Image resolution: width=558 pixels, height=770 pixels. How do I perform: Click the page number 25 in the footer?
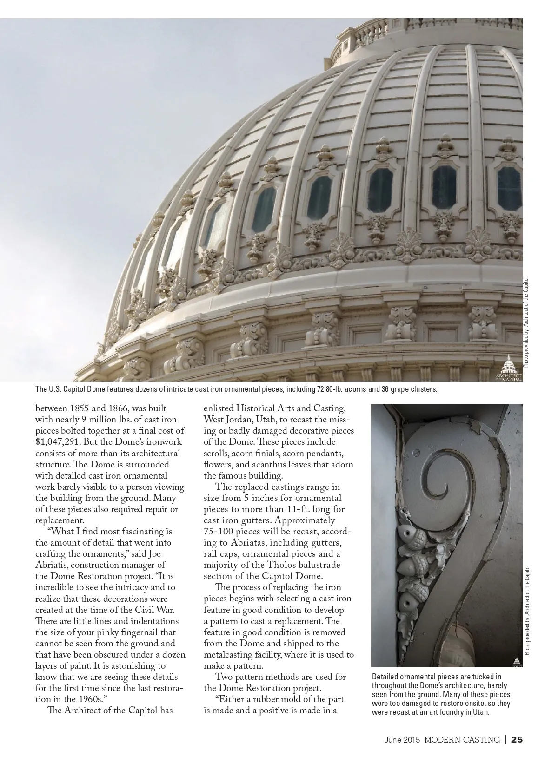(x=517, y=739)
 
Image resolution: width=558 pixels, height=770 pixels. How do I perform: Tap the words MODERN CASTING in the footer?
(x=462, y=739)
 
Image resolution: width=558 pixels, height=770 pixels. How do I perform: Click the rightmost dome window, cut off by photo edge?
(x=510, y=188)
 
